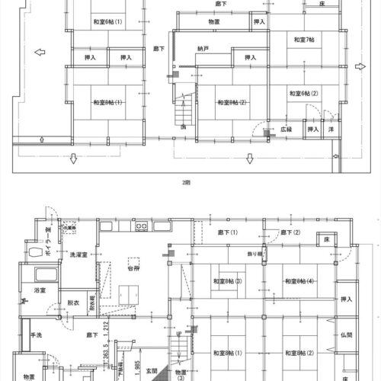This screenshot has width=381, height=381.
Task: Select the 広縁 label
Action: [x=287, y=130]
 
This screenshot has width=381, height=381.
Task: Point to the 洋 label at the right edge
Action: [x=331, y=130]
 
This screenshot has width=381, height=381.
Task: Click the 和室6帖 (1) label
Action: [x=108, y=21]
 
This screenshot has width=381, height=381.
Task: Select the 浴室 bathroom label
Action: [x=38, y=290]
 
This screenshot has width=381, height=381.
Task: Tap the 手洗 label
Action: [x=36, y=335]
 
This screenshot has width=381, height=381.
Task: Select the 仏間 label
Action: [x=347, y=335]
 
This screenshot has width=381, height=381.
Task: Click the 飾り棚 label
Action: [x=256, y=251]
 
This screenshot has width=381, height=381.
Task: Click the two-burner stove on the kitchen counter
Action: [x=142, y=227]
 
